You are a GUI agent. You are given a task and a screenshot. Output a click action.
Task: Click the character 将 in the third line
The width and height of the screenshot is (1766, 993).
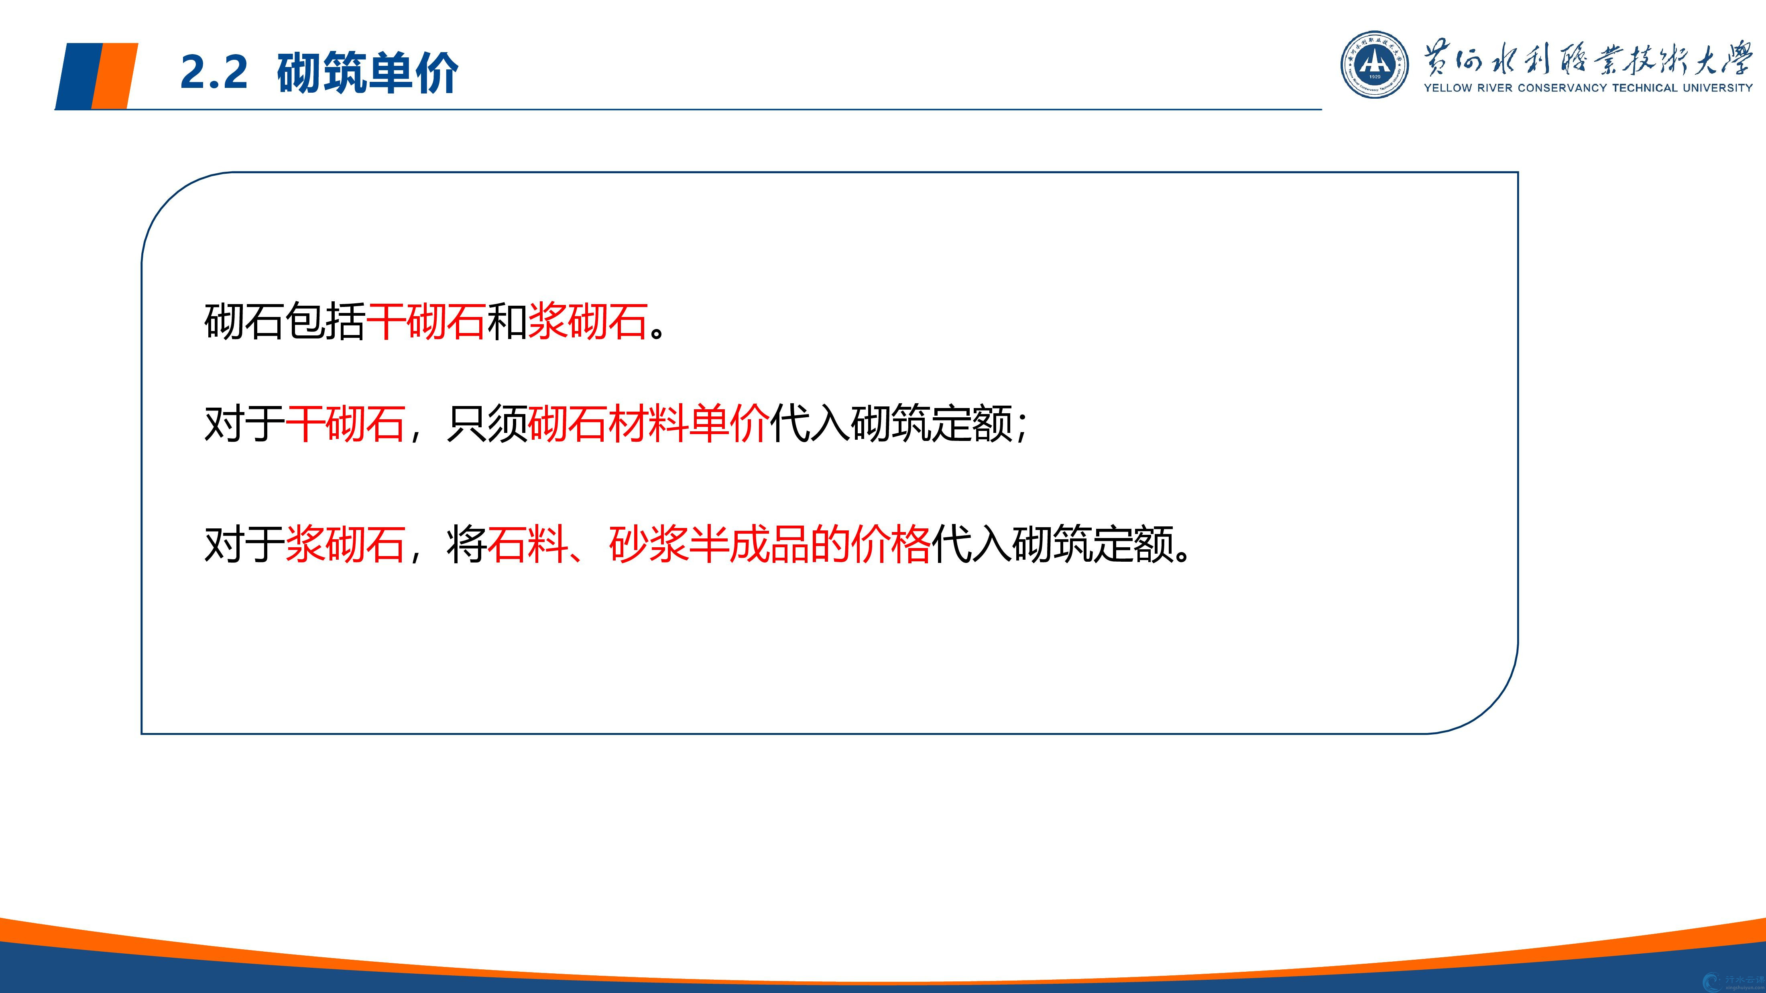[x=466, y=545]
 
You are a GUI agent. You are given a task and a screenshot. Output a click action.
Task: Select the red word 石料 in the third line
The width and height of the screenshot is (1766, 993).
[x=528, y=545]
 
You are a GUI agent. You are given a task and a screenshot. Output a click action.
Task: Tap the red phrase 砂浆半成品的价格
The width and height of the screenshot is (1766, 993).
[x=769, y=545]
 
